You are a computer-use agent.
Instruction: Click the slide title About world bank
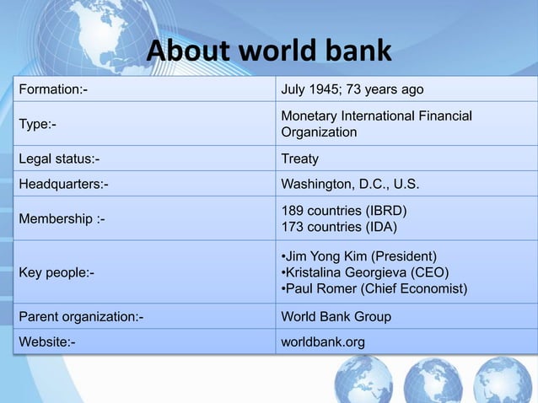[x=269, y=51]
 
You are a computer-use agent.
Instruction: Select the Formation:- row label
[x=53, y=90]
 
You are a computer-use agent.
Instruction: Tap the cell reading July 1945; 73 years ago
[x=352, y=90]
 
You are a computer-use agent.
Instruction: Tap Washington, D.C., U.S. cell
[x=349, y=184]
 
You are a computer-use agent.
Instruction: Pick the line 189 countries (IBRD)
[x=346, y=210]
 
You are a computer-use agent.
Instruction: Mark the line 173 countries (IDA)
[x=339, y=227]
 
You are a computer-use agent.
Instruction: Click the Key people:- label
[x=56, y=272]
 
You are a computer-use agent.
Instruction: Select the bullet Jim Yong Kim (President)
[x=359, y=255]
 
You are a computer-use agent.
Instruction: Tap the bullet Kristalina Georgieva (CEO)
[x=364, y=272]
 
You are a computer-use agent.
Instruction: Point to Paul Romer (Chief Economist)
[x=373, y=289]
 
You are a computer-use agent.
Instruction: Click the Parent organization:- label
[x=81, y=317]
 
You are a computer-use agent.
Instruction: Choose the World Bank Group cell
[x=336, y=317]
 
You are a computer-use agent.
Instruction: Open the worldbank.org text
[x=323, y=342]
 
